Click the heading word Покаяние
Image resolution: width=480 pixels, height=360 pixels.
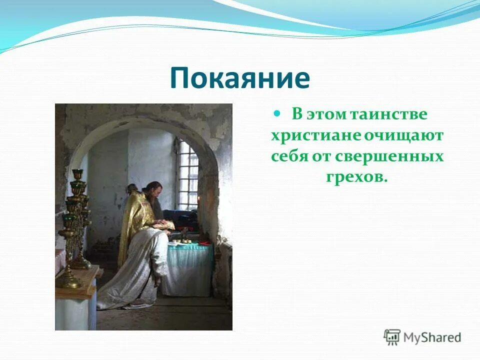click(x=240, y=78)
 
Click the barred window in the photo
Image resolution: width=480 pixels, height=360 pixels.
click(x=188, y=175)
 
